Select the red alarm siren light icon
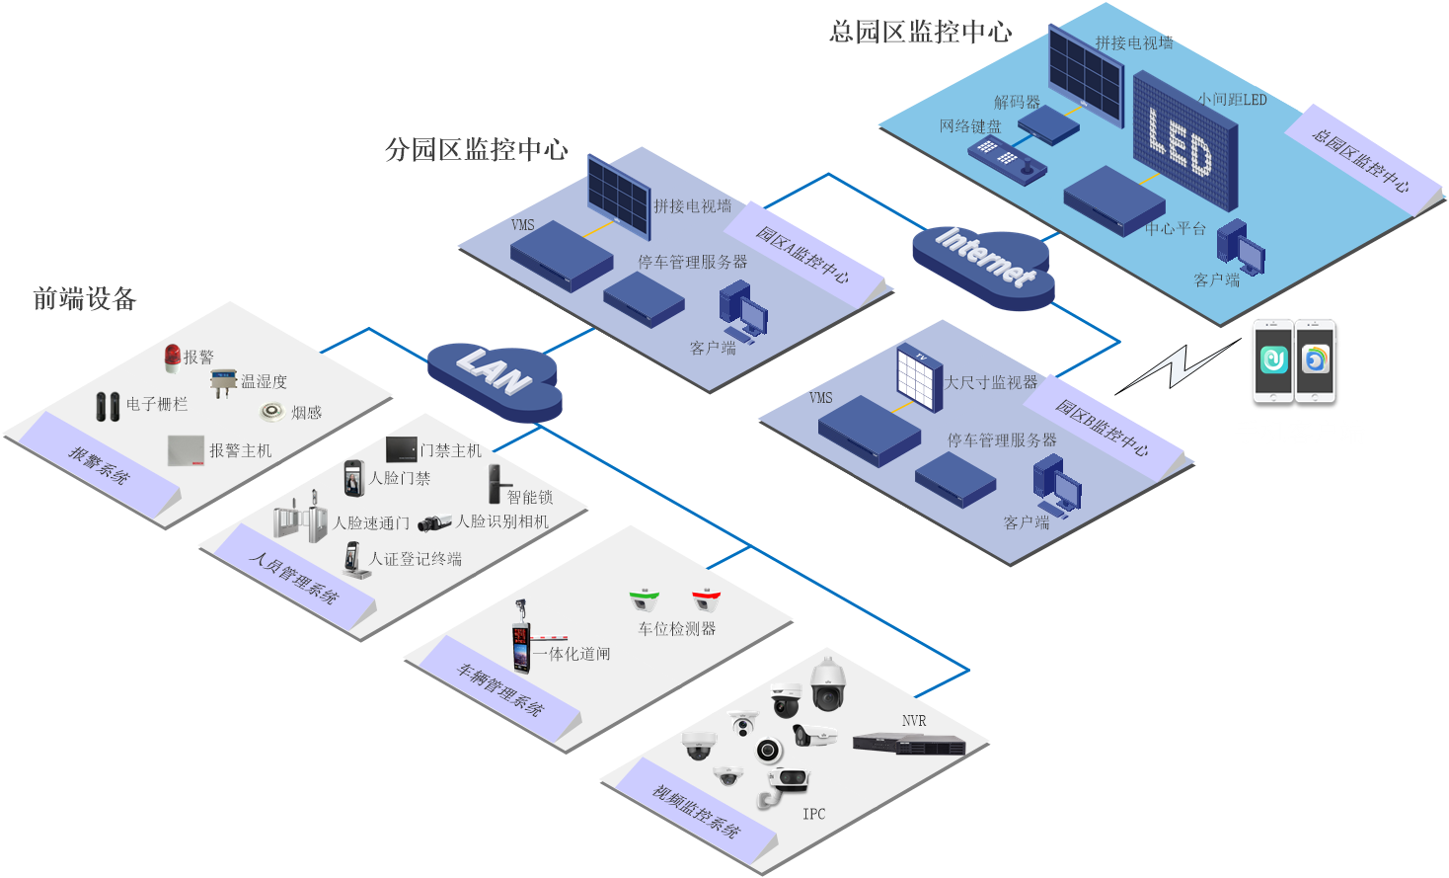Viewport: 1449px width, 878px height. [173, 356]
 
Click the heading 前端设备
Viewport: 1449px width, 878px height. [85, 299]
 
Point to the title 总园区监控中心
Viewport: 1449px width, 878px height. [920, 33]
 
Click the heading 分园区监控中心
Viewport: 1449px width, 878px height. [476, 149]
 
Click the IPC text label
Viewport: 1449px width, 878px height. [814, 814]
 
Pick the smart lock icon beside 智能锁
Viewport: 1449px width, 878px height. [494, 483]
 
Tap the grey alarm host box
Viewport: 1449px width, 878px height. [186, 451]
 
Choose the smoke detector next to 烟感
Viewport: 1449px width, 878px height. [271, 411]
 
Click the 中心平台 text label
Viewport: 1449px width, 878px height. [1176, 229]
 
